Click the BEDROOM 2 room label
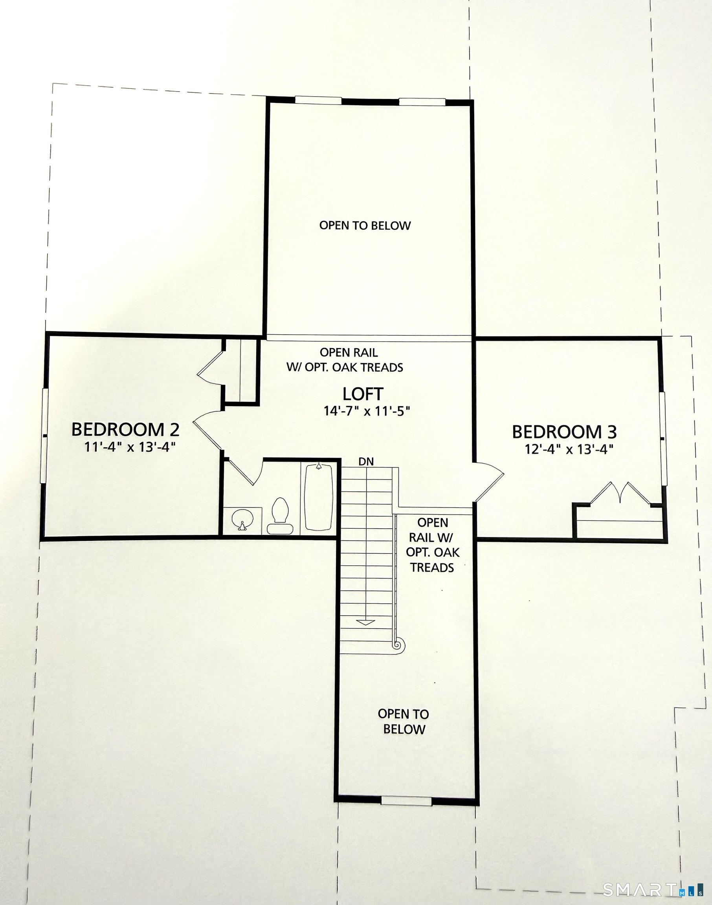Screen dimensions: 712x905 [x=125, y=430]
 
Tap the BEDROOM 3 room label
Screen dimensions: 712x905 [x=564, y=432]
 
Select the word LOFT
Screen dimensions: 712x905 [x=363, y=394]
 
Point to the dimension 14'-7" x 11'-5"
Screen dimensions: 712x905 [x=367, y=411]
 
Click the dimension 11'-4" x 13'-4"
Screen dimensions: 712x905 [x=130, y=447]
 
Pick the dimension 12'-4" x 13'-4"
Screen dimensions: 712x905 [x=569, y=450]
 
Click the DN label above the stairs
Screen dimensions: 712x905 [x=366, y=461]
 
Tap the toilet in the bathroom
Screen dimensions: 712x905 [x=280, y=516]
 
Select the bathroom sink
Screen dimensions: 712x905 [x=242, y=519]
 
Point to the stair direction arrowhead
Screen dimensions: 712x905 [x=365, y=623]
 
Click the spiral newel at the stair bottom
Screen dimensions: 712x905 [x=397, y=645]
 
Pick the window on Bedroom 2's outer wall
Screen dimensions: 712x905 [x=44, y=436]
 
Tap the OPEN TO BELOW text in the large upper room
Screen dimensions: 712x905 [x=365, y=225]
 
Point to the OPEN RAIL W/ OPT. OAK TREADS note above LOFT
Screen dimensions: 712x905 [x=345, y=359]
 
